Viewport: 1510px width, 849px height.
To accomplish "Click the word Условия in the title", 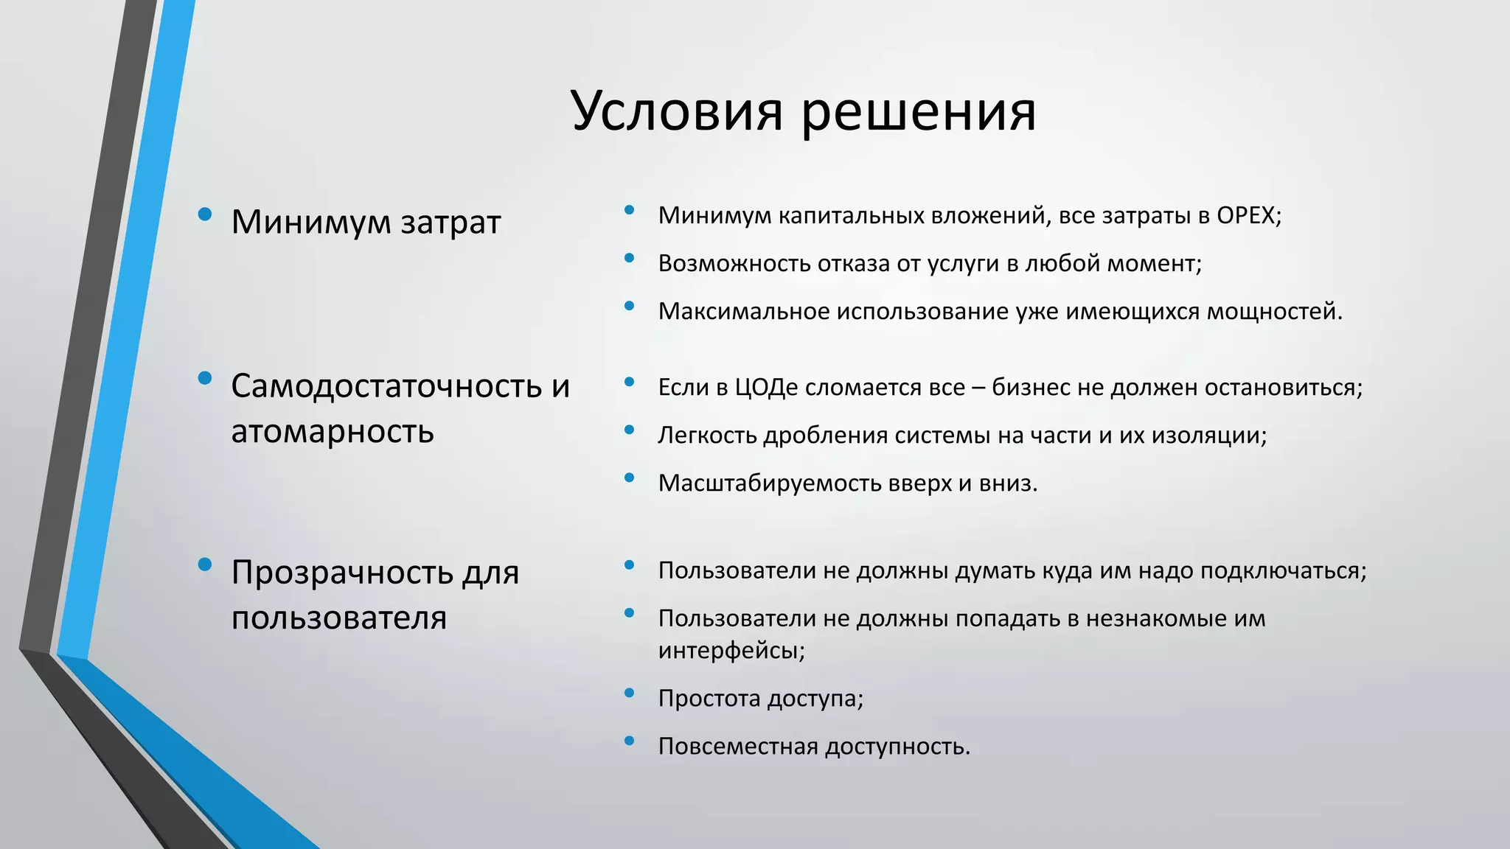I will pyautogui.click(x=676, y=111).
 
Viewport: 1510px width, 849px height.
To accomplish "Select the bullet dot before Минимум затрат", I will pyautogui.click(x=206, y=214).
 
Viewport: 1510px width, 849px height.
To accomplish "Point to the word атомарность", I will pyautogui.click(x=333, y=431).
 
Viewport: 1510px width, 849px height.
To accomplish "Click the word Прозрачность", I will pyautogui.click(x=341, y=573).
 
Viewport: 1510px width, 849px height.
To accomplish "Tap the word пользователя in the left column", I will pyautogui.click(x=339, y=618).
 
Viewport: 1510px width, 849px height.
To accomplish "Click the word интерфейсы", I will pyautogui.click(x=731, y=651).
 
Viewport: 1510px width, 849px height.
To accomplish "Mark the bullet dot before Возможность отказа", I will pyautogui.click(x=629, y=258).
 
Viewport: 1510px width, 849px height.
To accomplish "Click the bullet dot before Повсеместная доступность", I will pyautogui.click(x=629, y=741).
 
